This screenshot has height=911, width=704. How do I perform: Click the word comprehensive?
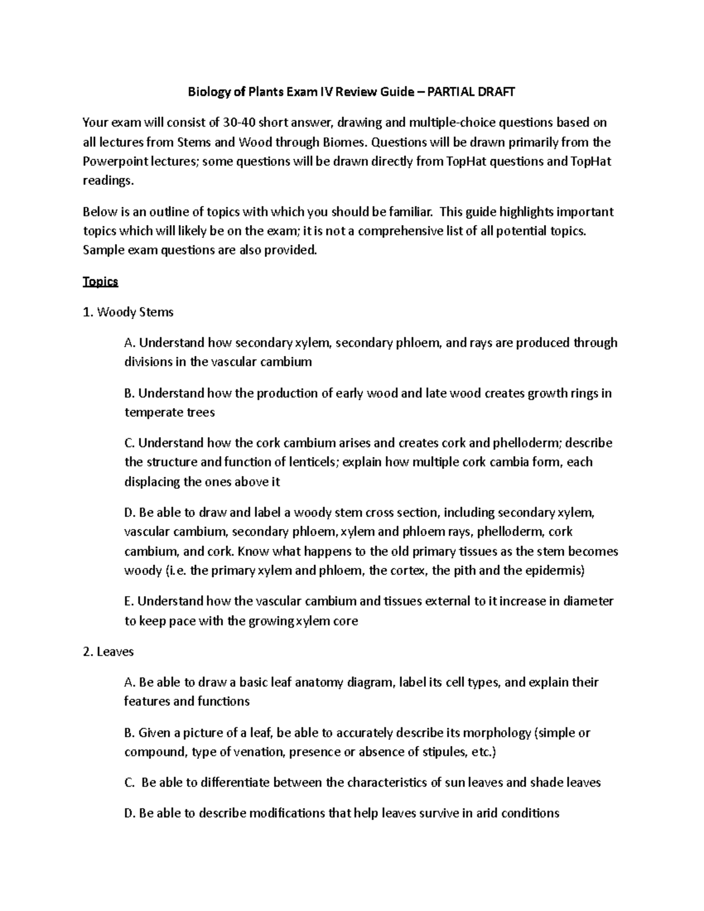pyautogui.click(x=410, y=231)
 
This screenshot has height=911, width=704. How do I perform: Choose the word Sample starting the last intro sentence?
pyautogui.click(x=102, y=250)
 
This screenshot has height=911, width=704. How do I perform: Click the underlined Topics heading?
pyautogui.click(x=100, y=282)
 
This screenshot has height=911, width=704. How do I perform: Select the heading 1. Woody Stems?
pyautogui.click(x=128, y=312)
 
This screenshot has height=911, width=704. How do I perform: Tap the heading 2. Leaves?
pyautogui.click(x=109, y=652)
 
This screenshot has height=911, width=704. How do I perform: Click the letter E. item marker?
pyautogui.click(x=130, y=601)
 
